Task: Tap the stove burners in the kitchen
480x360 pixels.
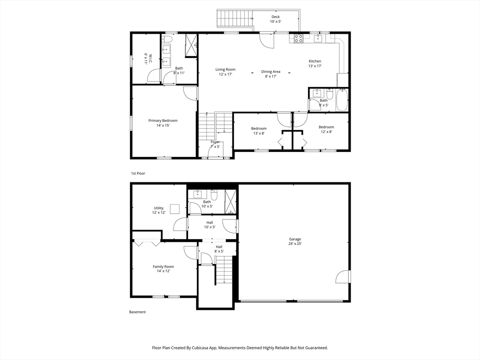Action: click(x=298, y=38)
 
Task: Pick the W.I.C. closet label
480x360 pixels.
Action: click(x=145, y=59)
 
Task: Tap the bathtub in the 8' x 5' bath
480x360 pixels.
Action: click(x=342, y=99)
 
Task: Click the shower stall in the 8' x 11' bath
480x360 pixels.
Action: click(x=191, y=46)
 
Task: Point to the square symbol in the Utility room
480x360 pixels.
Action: click(x=175, y=209)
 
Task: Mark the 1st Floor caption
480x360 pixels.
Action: click(x=138, y=173)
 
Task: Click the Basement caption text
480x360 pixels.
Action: click(x=137, y=312)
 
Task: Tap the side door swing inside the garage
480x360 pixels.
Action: click(x=343, y=277)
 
